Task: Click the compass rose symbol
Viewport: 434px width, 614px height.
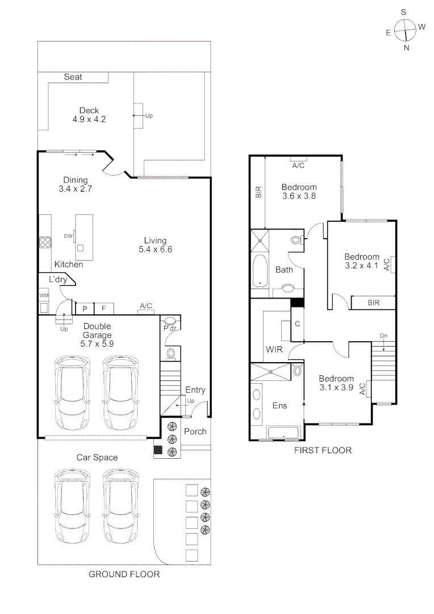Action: point(406,30)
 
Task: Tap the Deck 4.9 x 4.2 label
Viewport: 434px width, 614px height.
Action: point(89,115)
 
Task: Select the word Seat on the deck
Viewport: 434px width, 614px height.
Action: point(73,77)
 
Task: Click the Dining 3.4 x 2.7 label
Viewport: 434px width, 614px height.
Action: point(75,184)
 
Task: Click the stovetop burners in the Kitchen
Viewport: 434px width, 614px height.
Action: point(45,242)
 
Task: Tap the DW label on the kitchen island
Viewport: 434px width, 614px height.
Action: point(68,236)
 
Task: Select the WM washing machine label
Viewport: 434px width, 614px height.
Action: point(44,296)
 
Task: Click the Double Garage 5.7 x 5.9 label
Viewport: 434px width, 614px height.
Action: point(97,335)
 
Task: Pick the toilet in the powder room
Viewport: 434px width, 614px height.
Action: point(170,354)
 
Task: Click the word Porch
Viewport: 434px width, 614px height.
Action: point(195,432)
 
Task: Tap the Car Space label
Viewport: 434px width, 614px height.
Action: point(97,457)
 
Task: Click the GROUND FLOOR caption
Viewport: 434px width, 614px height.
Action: point(124,574)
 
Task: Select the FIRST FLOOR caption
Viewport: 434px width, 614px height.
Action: point(323,450)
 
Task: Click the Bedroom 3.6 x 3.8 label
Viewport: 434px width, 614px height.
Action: point(299,192)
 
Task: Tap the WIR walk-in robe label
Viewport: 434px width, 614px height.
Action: point(274,349)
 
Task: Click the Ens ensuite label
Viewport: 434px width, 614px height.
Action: point(279,405)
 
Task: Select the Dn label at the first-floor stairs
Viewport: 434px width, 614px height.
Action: point(383,336)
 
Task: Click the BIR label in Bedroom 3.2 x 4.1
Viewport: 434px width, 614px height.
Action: point(373,303)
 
